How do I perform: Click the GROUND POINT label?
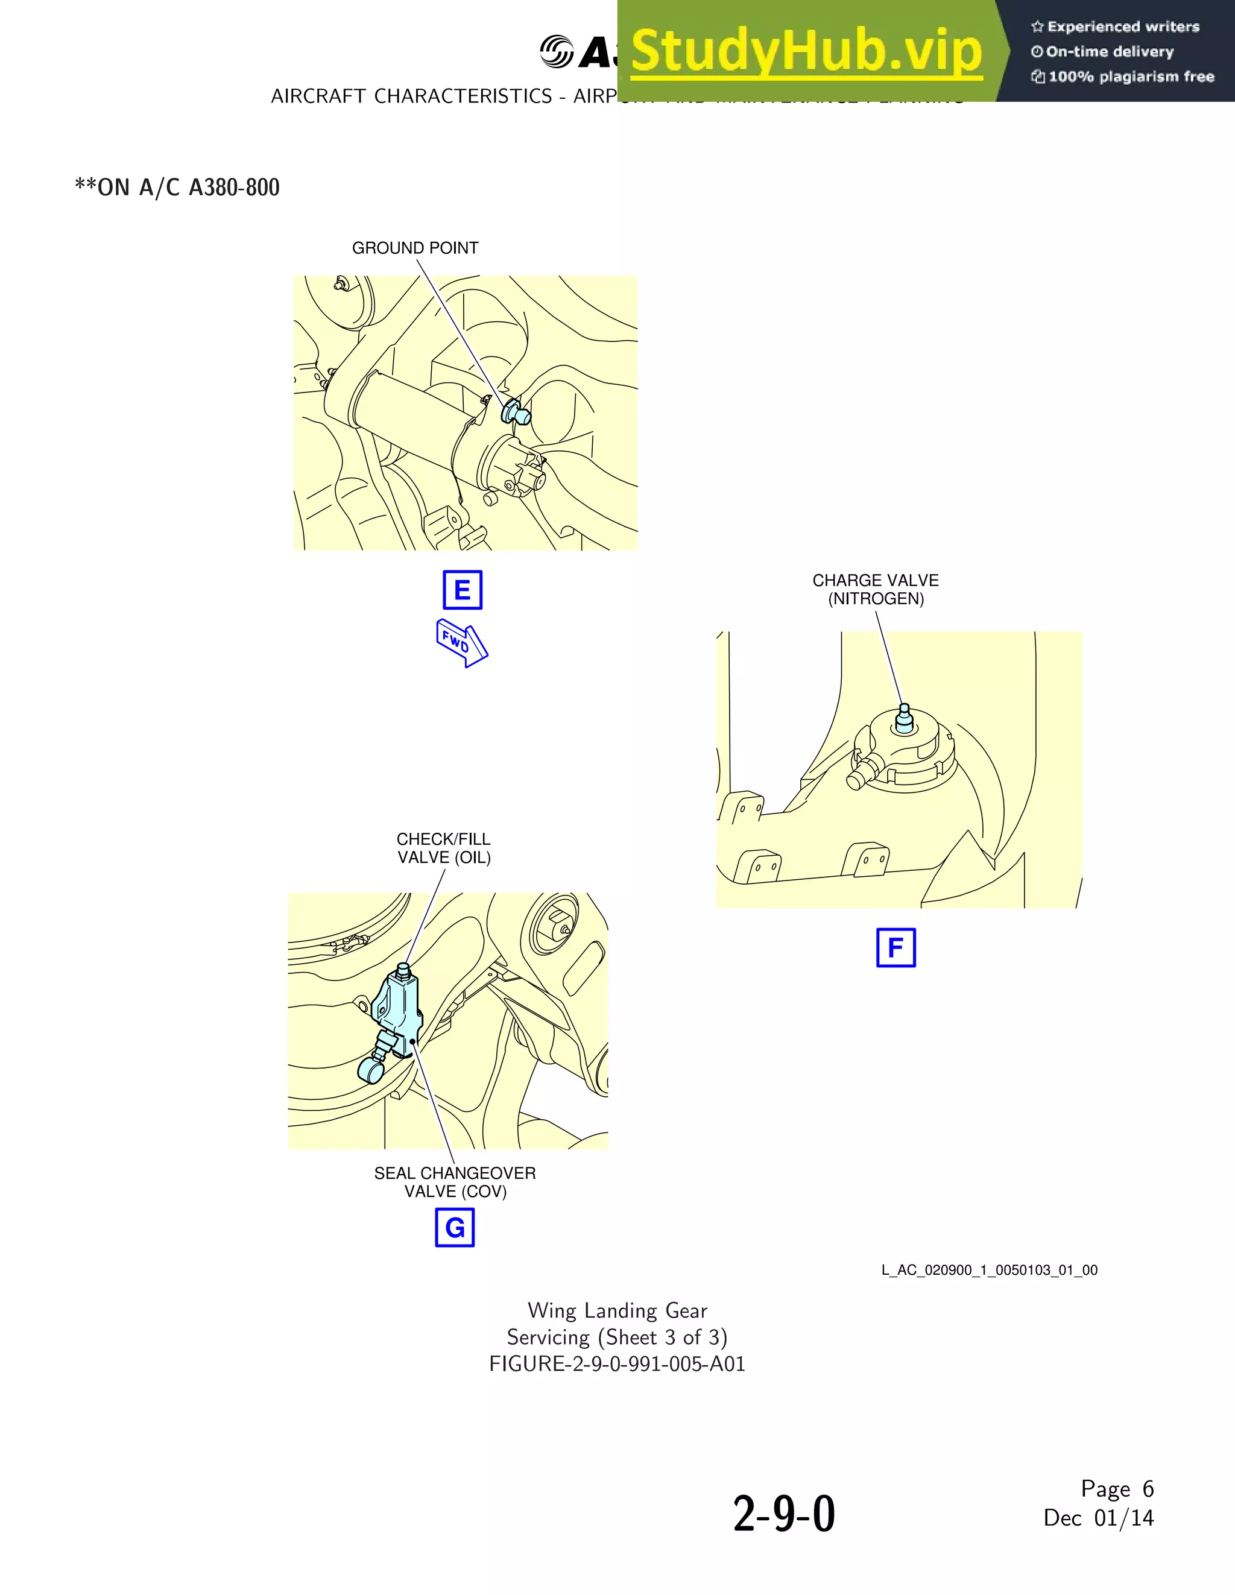tap(415, 248)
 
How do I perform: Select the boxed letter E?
tap(463, 590)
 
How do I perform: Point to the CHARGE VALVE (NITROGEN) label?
tap(876, 589)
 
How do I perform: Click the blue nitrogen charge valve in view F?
tap(904, 719)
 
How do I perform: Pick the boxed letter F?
tap(895, 948)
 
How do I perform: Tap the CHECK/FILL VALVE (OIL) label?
tap(443, 848)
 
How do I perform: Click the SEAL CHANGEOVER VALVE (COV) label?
tap(455, 1182)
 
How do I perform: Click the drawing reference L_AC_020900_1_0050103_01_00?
tap(989, 1270)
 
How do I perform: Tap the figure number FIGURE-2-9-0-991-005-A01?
tap(617, 1363)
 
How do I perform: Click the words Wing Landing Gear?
tap(617, 1310)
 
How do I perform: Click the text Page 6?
tap(1117, 1488)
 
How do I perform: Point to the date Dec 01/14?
tap(1099, 1518)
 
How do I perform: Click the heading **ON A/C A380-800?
tap(177, 188)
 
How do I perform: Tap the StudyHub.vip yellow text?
tap(806, 51)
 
